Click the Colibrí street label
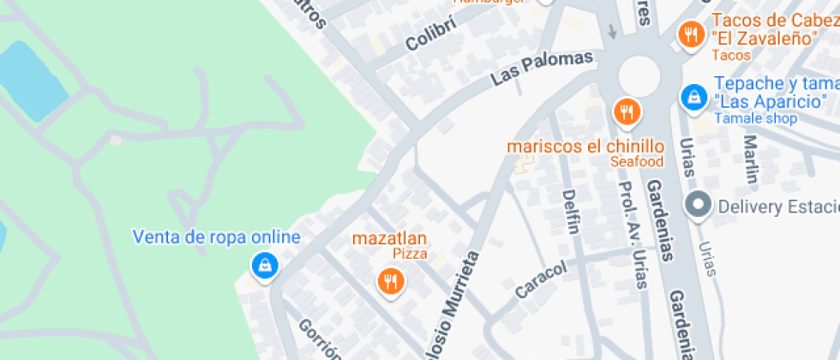click(429, 32)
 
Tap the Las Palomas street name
click(542, 68)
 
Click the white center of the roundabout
click(639, 75)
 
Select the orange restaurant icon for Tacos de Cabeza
click(690, 35)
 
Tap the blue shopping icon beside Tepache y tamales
click(692, 97)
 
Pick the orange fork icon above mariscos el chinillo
click(627, 111)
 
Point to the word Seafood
click(637, 161)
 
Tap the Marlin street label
click(752, 159)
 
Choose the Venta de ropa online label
click(217, 237)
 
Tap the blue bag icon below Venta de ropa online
click(265, 266)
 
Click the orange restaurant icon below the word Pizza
click(391, 279)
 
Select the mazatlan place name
click(389, 237)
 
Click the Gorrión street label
click(319, 340)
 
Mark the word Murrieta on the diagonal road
click(458, 291)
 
